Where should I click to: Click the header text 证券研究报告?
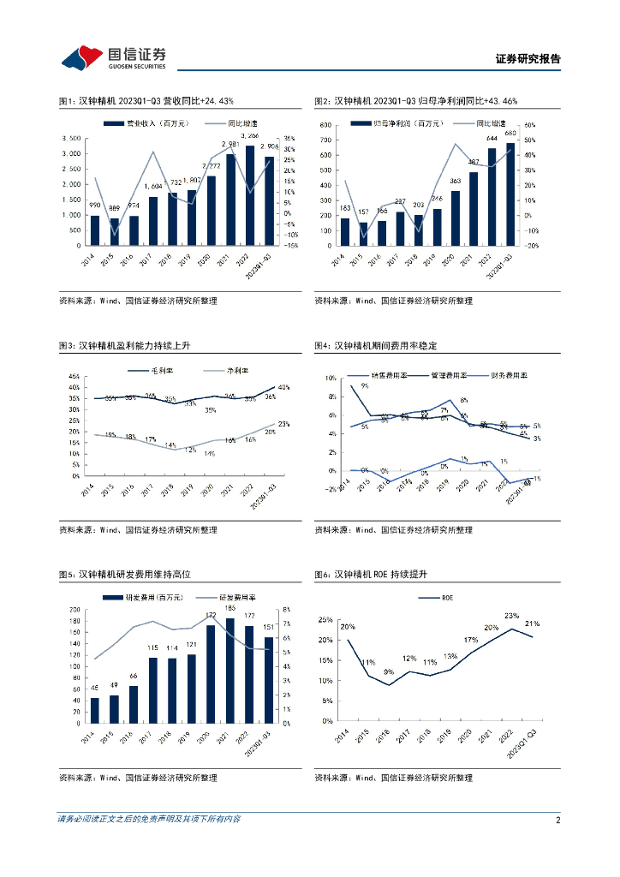coord(528,59)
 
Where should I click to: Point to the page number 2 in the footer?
coord(557,820)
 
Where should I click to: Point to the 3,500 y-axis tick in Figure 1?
coord(71,139)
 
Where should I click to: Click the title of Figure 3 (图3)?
coord(128,345)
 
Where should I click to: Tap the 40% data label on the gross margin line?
coord(283,387)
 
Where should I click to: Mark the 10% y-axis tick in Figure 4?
coord(330,378)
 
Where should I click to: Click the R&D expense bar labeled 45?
coord(95,710)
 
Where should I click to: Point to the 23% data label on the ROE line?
coord(512,615)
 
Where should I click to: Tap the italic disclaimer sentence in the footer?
coord(149,820)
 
